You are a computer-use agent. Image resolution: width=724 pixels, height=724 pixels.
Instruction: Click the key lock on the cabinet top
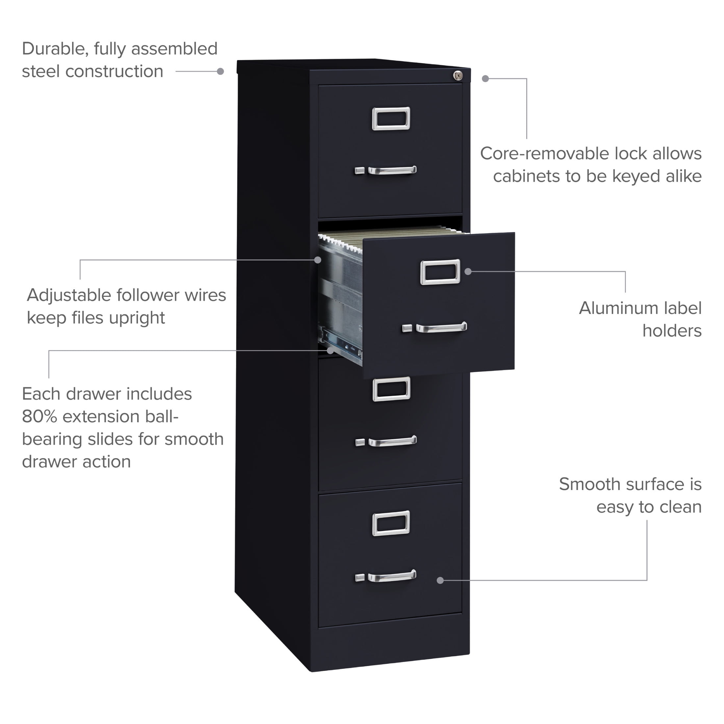coord(457,76)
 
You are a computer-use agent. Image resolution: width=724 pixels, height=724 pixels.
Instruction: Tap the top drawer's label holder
coord(391,118)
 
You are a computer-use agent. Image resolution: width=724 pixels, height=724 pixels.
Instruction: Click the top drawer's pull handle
coord(392,170)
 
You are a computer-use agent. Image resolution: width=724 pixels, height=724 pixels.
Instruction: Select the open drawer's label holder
coord(440,272)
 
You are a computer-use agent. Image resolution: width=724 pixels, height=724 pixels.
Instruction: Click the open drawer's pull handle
coord(441,327)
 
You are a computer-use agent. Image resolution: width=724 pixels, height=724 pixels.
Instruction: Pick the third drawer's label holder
coord(391,389)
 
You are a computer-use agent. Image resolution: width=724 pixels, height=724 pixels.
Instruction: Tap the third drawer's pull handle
coord(392,441)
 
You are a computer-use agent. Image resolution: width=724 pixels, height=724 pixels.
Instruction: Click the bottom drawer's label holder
coord(391,523)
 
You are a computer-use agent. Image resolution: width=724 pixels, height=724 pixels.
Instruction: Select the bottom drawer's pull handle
coord(392,576)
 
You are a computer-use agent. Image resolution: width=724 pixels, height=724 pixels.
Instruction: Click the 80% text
coord(39,416)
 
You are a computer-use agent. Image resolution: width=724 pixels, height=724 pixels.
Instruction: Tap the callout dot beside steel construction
coord(220,71)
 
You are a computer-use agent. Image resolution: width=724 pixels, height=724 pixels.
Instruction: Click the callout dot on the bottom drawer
coord(440,580)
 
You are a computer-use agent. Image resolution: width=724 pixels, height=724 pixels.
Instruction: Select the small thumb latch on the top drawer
coord(359,171)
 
